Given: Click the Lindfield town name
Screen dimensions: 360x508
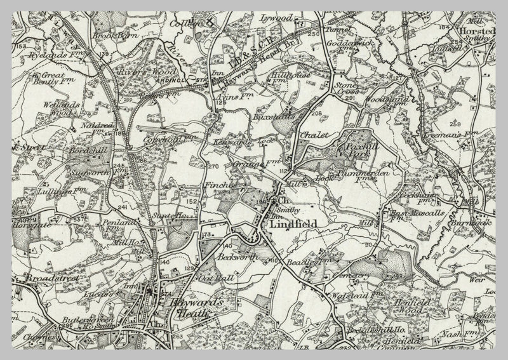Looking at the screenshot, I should (292, 224).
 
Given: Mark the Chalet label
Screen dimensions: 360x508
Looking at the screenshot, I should (316, 136).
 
